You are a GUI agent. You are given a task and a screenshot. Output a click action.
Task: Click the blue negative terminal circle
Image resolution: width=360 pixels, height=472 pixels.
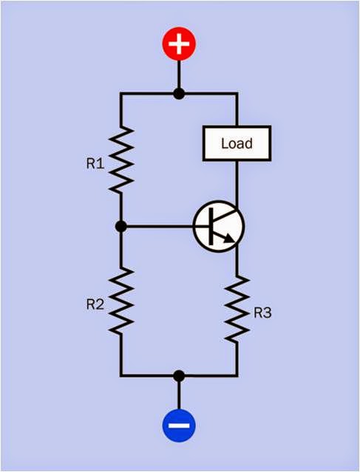(x=178, y=426)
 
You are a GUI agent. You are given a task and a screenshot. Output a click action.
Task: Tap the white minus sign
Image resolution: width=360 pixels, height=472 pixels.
(x=178, y=426)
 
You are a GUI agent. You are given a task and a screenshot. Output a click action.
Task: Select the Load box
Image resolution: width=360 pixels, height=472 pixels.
(x=237, y=143)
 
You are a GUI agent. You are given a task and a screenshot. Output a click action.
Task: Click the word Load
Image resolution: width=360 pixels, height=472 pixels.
(x=237, y=143)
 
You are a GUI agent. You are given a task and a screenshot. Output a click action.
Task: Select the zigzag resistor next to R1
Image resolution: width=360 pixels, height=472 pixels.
(x=122, y=160)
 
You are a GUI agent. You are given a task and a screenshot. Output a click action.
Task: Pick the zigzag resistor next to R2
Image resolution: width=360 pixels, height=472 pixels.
(x=122, y=301)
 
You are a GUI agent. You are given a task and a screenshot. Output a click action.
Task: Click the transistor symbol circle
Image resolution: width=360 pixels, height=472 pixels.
(x=218, y=228)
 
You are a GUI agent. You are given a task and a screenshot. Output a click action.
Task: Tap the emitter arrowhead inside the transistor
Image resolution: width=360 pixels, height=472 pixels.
(x=234, y=238)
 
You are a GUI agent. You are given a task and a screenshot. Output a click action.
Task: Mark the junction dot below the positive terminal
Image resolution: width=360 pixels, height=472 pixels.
(x=178, y=94)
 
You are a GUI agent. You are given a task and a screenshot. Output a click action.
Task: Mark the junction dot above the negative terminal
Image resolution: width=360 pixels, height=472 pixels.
(x=178, y=375)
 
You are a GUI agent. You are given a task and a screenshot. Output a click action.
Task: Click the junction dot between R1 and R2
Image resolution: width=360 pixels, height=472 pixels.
(x=122, y=227)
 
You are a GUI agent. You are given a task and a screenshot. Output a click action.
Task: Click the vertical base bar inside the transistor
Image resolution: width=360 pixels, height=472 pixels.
(x=211, y=228)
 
